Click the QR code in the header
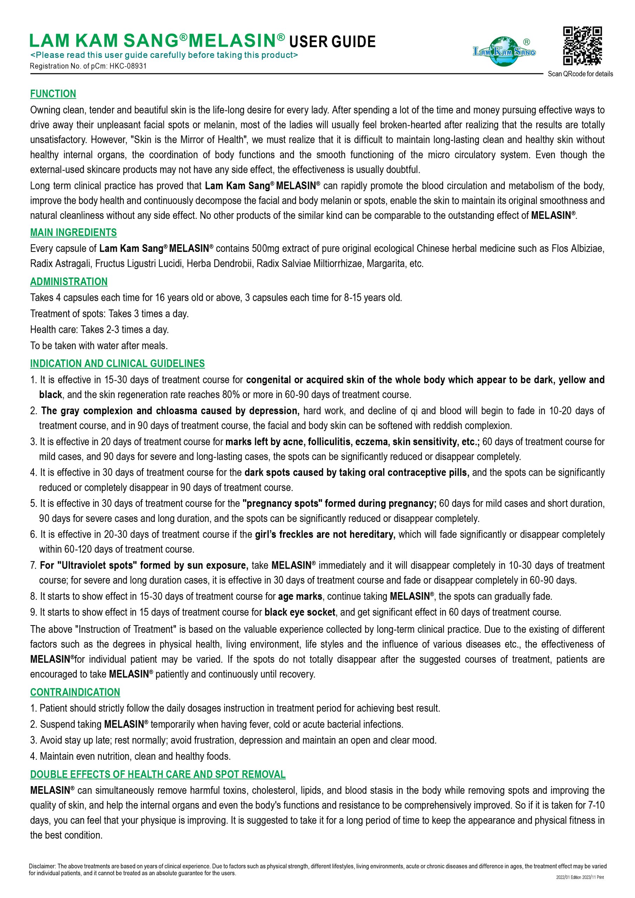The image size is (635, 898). [x=582, y=45]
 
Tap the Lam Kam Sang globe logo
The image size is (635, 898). [x=504, y=51]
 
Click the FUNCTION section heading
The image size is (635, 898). [x=53, y=94]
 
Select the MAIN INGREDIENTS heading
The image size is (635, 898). [x=74, y=232]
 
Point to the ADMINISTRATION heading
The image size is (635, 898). [x=69, y=282]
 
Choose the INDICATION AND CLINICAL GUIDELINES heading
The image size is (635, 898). [x=117, y=363]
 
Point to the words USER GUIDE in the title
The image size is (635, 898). [x=332, y=41]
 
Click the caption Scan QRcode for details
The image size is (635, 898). [x=580, y=74]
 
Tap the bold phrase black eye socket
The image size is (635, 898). [x=300, y=612]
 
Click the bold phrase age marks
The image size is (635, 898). [x=300, y=596]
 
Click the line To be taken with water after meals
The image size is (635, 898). [x=99, y=346]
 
